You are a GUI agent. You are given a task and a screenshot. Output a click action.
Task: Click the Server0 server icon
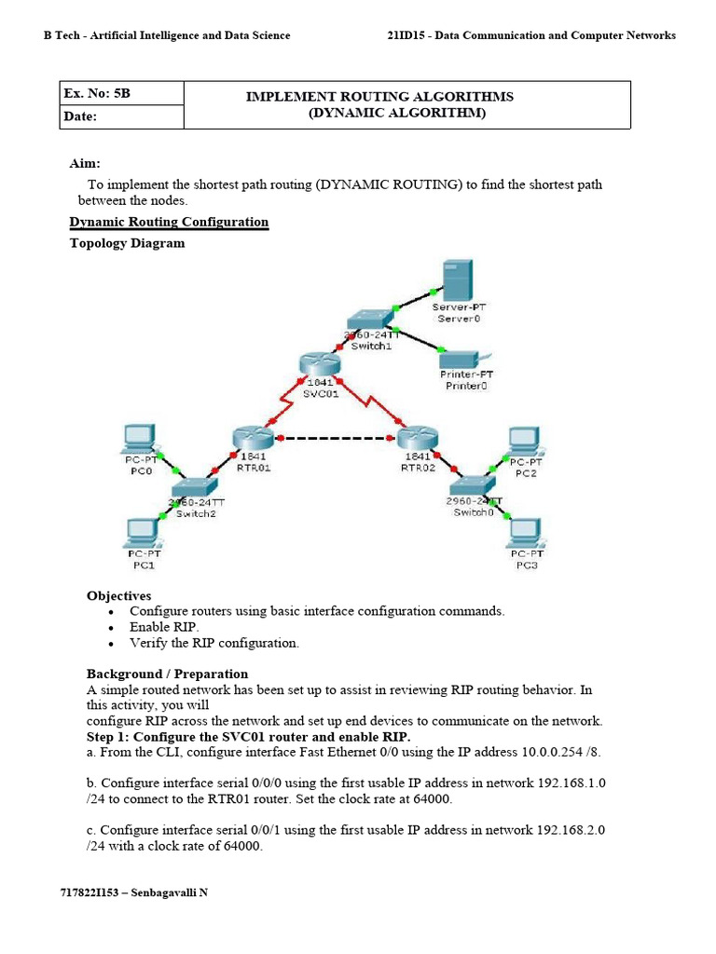tap(457, 279)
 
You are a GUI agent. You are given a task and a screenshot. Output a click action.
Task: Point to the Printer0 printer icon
tap(459, 360)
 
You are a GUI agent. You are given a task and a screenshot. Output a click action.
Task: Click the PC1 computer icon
tap(144, 532)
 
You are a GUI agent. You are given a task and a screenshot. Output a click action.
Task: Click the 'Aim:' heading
tap(85, 163)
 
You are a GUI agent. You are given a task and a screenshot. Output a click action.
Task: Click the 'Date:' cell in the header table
tap(80, 117)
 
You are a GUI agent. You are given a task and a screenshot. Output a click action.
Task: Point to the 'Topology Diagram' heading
tap(128, 243)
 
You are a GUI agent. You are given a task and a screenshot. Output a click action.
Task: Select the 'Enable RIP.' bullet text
tap(164, 627)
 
